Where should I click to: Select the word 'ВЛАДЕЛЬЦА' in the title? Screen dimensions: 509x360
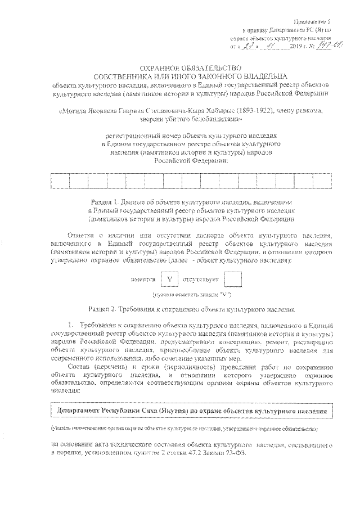coord(263,76)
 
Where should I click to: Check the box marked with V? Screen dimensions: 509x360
coord(169,278)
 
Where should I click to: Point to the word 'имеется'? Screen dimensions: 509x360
coord(143,278)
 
